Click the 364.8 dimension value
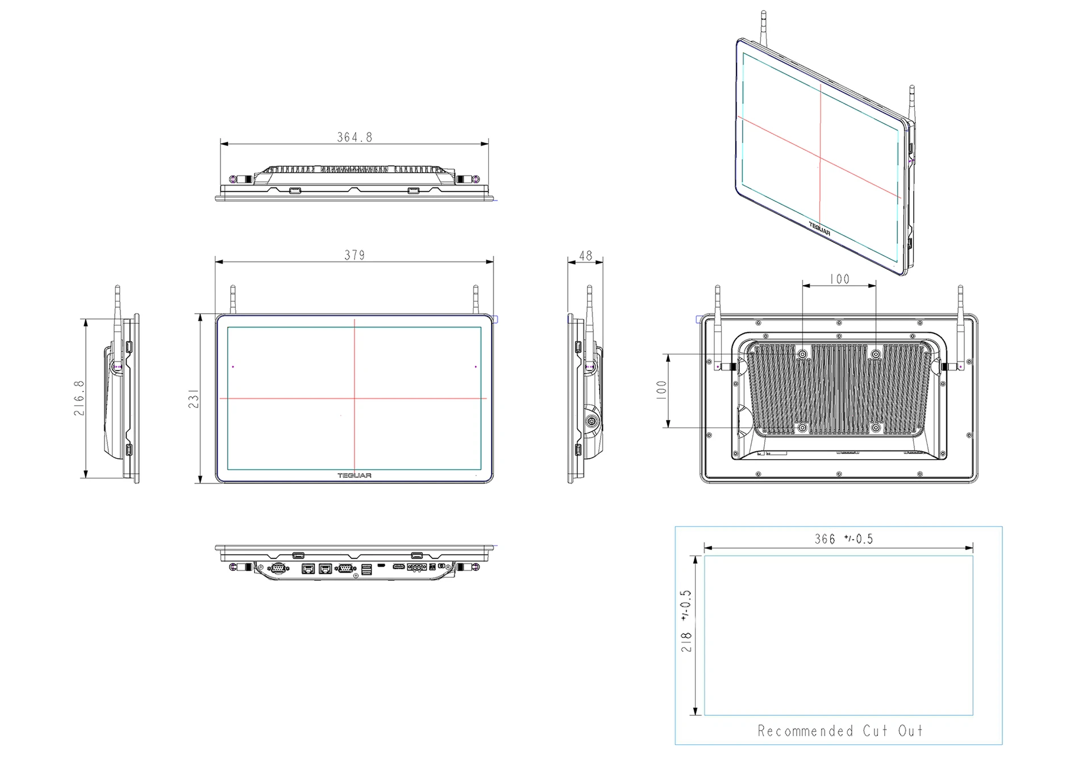(355, 137)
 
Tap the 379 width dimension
(355, 255)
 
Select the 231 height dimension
(194, 398)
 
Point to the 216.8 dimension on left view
(79, 398)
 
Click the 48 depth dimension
(585, 256)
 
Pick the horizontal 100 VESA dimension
(839, 279)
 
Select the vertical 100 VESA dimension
(661, 390)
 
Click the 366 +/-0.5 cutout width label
(843, 539)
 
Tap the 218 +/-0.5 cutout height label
(686, 620)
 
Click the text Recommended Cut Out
(840, 731)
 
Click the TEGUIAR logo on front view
(355, 476)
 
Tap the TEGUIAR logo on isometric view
(819, 229)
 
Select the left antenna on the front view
(232, 299)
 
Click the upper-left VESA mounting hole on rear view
(802, 355)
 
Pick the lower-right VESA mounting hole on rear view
(876, 427)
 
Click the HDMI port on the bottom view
(399, 566)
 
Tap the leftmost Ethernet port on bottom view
(308, 568)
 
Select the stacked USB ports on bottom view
(367, 569)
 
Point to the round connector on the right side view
(592, 422)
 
